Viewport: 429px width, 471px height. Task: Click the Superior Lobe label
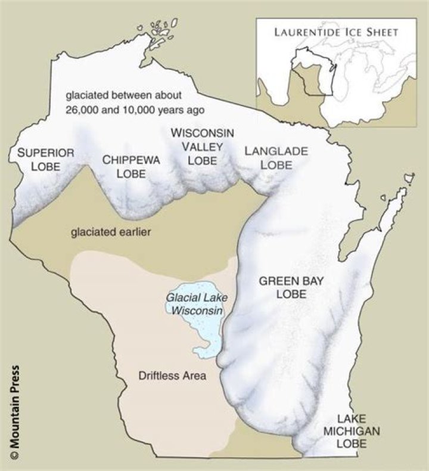(x=45, y=159)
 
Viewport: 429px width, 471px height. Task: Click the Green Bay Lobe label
(x=282, y=287)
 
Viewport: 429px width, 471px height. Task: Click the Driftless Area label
(x=172, y=376)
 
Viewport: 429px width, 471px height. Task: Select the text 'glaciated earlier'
(x=111, y=231)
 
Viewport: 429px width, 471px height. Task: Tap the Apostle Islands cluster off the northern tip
(x=157, y=31)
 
